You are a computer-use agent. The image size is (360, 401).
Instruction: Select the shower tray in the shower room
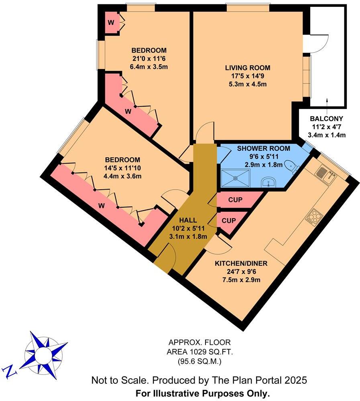[235, 177]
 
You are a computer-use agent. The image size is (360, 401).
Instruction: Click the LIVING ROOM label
[247, 68]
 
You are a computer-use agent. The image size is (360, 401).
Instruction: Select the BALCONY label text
[326, 119]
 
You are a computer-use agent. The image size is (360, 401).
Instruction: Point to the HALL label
[188, 220]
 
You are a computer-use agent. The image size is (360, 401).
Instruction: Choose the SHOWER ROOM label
[258, 148]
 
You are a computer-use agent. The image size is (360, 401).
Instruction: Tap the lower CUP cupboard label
[229, 220]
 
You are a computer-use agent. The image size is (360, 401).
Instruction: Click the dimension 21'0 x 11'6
[149, 58]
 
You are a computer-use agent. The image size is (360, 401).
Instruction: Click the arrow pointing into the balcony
[327, 101]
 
